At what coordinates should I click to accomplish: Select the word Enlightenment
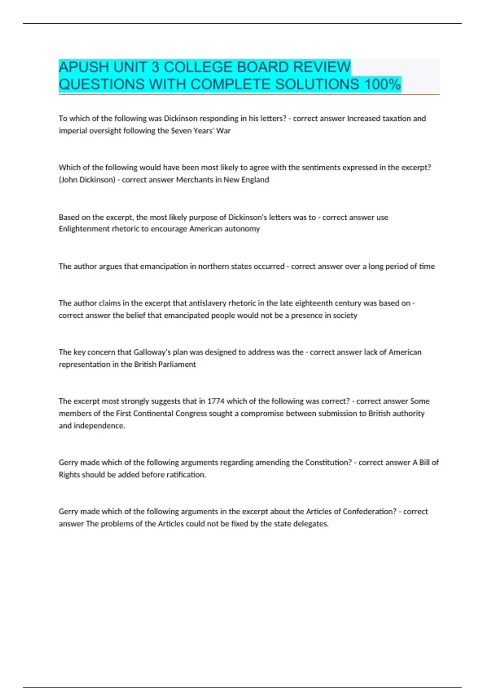coord(84,229)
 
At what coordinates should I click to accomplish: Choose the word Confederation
coord(369,512)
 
